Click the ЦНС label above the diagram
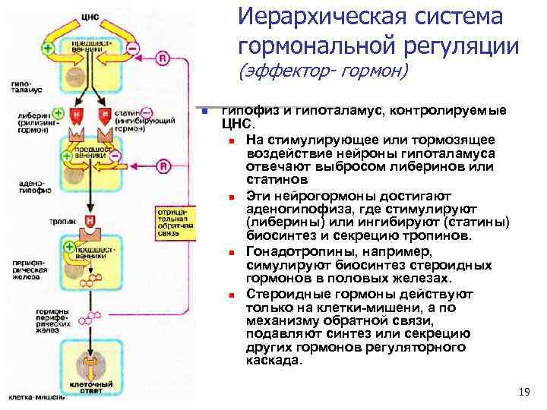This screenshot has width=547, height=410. coord(90,5)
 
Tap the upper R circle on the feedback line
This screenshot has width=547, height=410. coord(161,58)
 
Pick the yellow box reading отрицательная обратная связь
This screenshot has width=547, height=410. coord(166,219)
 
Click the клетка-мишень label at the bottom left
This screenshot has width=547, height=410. coord(30,397)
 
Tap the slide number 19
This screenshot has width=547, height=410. coord(522,392)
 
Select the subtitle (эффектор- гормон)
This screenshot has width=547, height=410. coord(324,72)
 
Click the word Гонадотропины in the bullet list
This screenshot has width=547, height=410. coord(300,251)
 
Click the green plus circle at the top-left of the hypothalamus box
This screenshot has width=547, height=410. coord(49,47)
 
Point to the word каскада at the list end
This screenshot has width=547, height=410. coord(273,361)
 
